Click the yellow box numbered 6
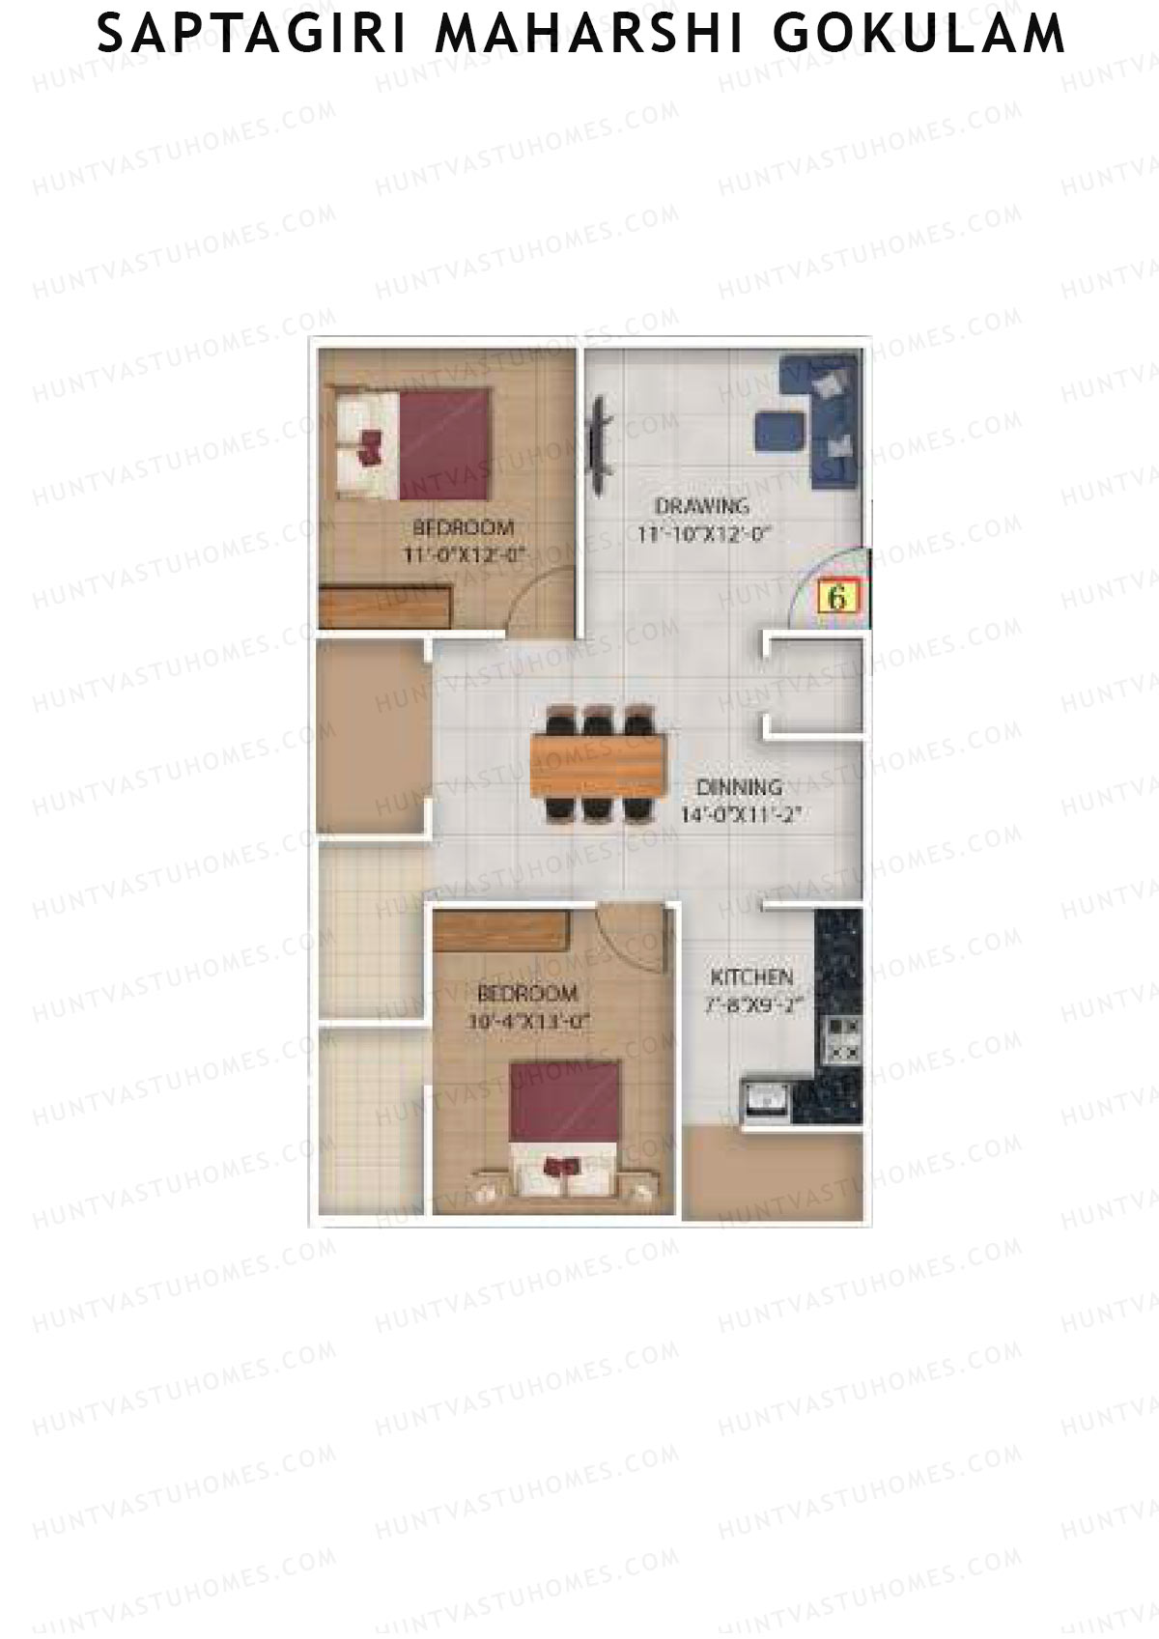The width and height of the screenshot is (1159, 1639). click(x=837, y=597)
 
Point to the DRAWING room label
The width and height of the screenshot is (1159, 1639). click(x=702, y=505)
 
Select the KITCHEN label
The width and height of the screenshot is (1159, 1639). click(x=751, y=976)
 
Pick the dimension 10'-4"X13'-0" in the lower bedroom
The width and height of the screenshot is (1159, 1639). click(x=527, y=1020)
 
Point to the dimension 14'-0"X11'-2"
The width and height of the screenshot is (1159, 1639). click(x=742, y=814)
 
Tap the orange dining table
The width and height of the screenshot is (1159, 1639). click(x=599, y=765)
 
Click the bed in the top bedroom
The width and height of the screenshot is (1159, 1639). click(x=415, y=443)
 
